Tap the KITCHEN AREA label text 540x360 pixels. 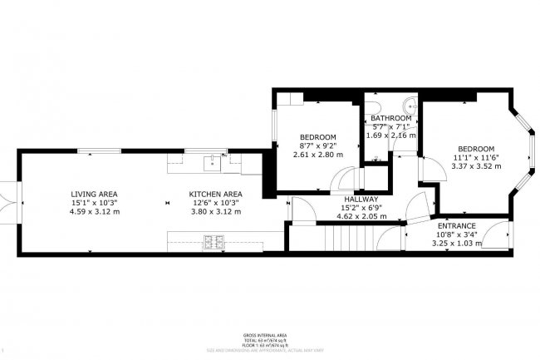coord(214,194)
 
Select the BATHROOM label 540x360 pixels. coord(390,118)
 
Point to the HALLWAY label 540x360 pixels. coord(361,200)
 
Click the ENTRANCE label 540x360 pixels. coord(457,225)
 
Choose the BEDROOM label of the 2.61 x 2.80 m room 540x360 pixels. coord(317,136)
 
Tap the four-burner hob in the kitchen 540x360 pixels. coord(214,242)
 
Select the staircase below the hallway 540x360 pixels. coord(346,241)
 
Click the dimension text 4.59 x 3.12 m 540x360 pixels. coord(95,212)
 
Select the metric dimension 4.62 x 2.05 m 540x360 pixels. coord(361,217)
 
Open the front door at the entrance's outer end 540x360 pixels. coord(497,236)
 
